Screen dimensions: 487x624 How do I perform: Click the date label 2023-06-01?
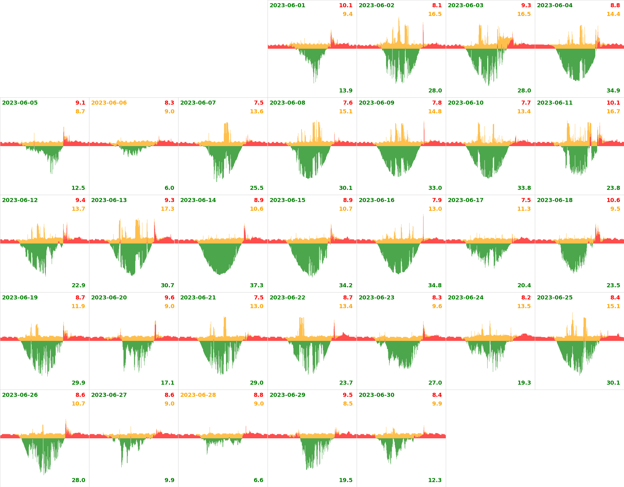point(287,6)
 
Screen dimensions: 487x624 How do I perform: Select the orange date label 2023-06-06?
point(109,103)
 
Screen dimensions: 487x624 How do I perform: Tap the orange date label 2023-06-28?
point(198,395)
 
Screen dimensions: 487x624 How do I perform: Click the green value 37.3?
point(257,286)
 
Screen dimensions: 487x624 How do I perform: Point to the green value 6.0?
point(169,188)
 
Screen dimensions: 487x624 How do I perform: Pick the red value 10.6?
point(613,200)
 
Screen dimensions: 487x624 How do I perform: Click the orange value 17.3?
point(167,209)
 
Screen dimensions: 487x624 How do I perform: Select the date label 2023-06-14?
point(198,200)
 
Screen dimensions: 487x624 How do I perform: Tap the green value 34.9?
point(613,91)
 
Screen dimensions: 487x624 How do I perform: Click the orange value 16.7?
point(613,112)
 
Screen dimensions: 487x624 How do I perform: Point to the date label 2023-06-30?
point(376,395)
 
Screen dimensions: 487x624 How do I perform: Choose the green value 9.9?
point(169,480)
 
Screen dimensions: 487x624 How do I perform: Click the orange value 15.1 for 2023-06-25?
point(613,306)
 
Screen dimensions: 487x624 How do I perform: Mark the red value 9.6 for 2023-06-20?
point(169,298)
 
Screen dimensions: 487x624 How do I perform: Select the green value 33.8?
point(524,188)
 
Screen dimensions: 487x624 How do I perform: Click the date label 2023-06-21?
point(198,298)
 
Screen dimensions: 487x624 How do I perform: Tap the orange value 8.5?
point(347,404)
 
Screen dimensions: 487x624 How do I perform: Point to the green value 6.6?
point(258,480)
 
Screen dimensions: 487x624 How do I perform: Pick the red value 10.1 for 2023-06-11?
point(613,103)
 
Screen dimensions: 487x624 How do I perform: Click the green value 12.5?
point(78,188)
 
